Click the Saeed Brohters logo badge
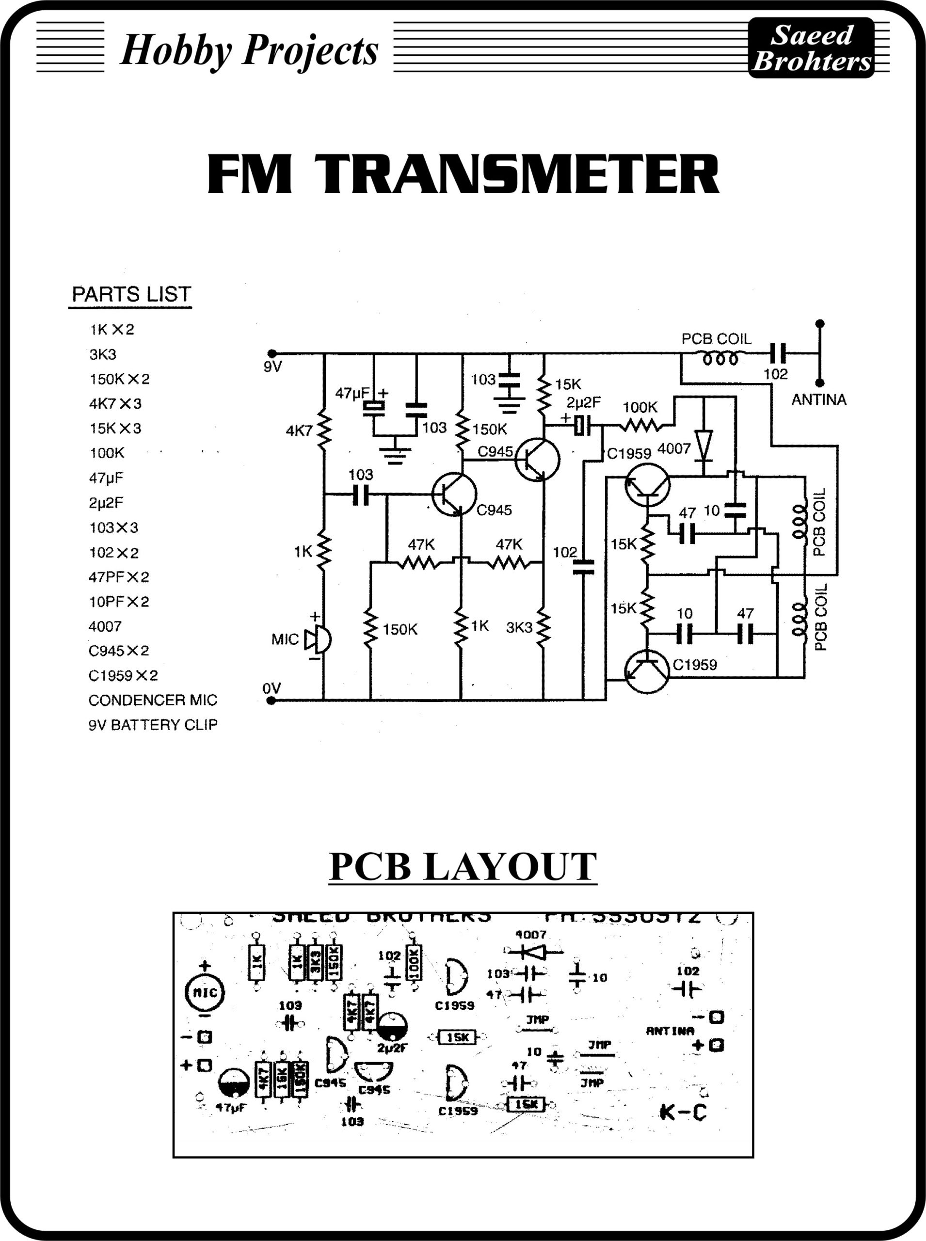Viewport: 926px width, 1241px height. pyautogui.click(x=811, y=48)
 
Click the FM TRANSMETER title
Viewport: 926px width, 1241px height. pyautogui.click(x=463, y=175)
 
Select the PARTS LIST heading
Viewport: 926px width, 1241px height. pyautogui.click(x=131, y=295)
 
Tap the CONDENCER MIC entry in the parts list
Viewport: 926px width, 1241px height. pyautogui.click(x=152, y=700)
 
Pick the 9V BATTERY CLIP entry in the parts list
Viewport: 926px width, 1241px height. pyautogui.click(x=152, y=725)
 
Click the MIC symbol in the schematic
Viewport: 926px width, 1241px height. pyautogui.click(x=317, y=639)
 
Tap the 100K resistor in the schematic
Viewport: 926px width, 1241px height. pyautogui.click(x=640, y=427)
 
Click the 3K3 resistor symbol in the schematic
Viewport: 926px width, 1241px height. pyautogui.click(x=543, y=628)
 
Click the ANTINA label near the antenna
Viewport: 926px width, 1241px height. pyautogui.click(x=818, y=399)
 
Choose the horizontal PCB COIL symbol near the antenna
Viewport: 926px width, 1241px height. pyautogui.click(x=720, y=357)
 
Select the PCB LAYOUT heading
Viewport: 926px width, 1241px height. pyautogui.click(x=463, y=867)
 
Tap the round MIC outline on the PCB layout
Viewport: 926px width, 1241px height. pyautogui.click(x=205, y=992)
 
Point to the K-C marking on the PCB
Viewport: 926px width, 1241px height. pyautogui.click(x=683, y=1112)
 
